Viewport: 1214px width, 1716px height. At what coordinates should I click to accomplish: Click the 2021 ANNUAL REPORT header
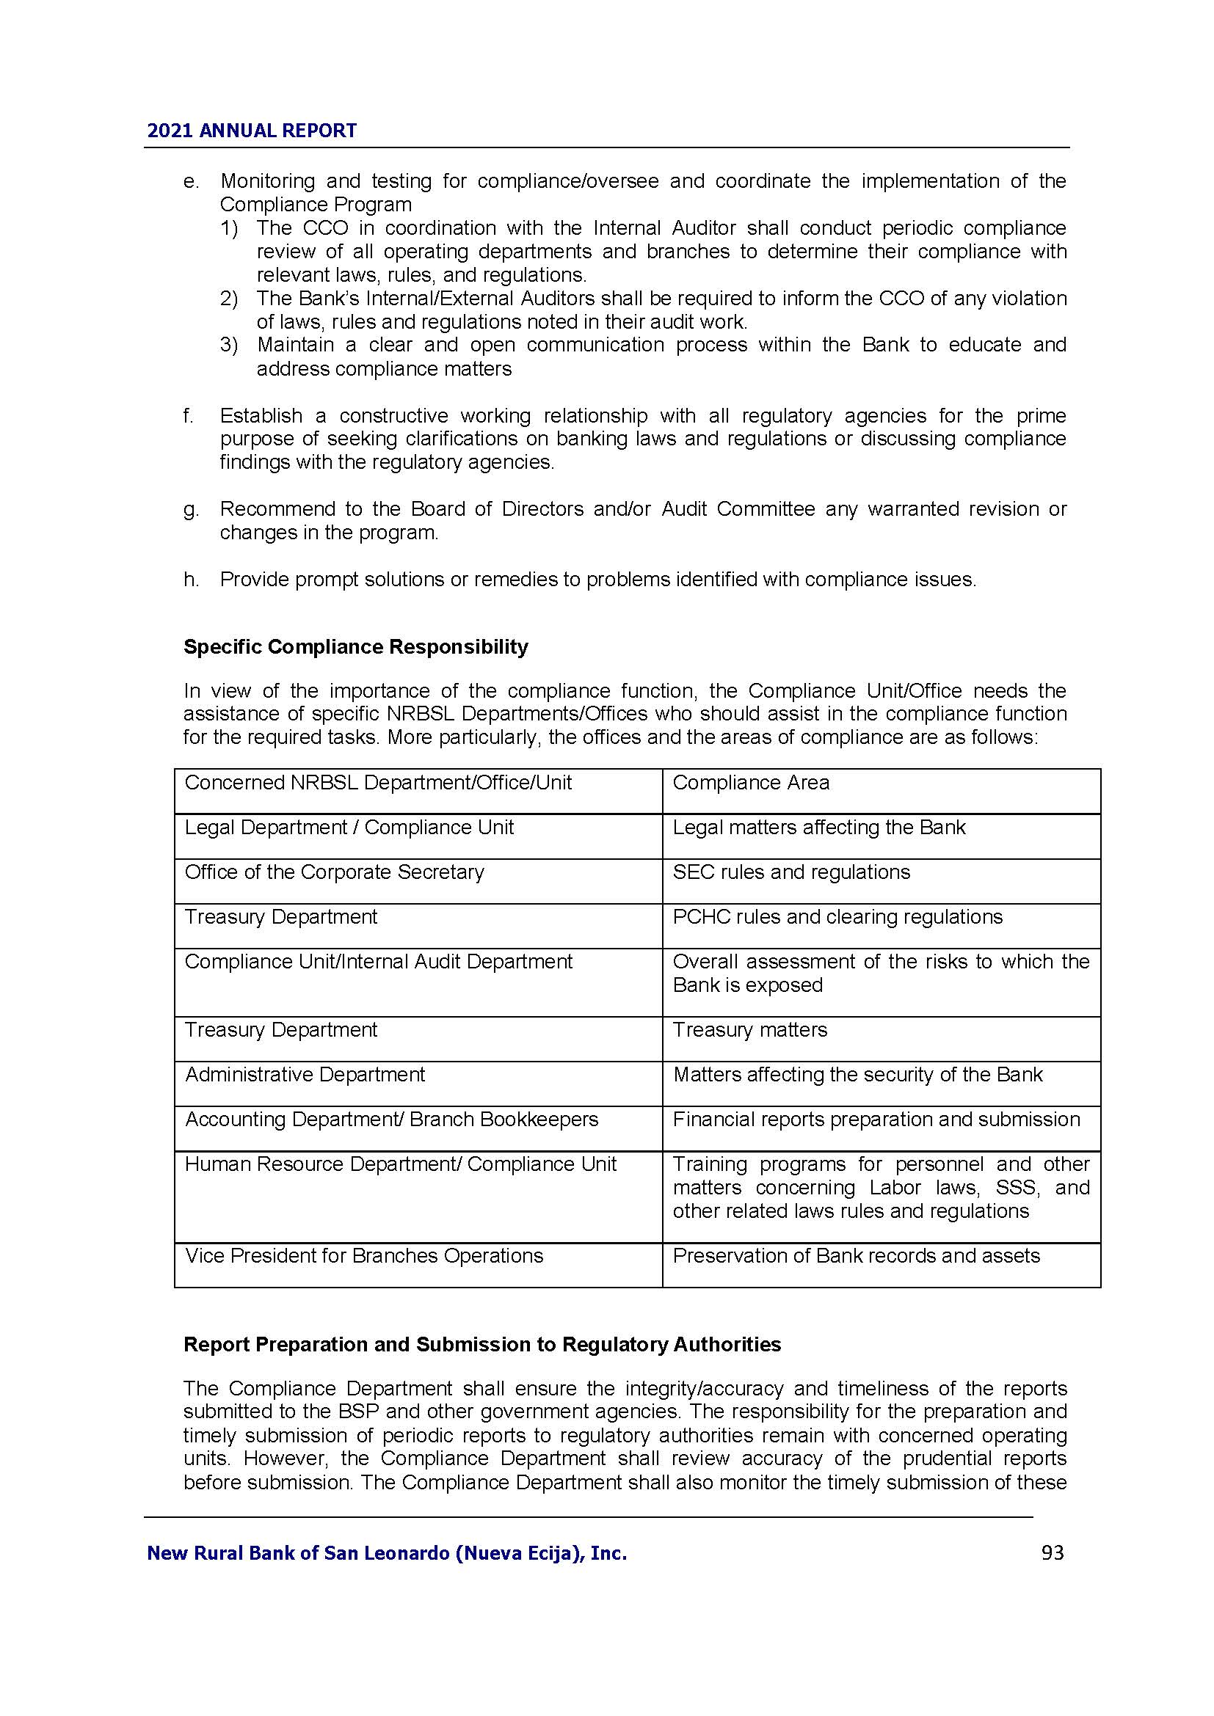(x=252, y=131)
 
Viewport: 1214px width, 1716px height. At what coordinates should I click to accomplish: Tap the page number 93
(x=1052, y=1553)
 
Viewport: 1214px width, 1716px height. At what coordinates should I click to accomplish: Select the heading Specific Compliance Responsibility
(x=356, y=646)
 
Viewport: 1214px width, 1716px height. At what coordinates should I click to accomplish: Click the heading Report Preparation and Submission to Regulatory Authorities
(x=482, y=1345)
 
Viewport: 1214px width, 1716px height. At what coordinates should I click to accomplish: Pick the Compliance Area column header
(x=751, y=783)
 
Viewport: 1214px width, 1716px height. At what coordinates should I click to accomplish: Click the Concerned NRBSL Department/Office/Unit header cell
(x=377, y=783)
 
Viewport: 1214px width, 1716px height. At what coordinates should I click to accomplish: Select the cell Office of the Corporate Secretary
(x=334, y=872)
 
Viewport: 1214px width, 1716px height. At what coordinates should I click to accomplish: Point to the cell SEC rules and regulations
(x=791, y=872)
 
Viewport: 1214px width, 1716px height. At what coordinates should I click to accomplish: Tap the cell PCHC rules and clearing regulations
(x=837, y=917)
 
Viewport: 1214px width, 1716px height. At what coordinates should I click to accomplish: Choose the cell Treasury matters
(x=750, y=1030)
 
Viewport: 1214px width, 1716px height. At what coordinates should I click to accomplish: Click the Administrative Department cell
(x=305, y=1075)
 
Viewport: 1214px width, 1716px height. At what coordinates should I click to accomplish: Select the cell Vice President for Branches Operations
(x=364, y=1255)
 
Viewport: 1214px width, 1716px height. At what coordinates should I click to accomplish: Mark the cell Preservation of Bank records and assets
(x=856, y=1255)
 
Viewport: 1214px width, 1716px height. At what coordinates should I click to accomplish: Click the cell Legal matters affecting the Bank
(x=818, y=828)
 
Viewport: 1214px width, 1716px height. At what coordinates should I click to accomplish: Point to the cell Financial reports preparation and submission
(x=876, y=1120)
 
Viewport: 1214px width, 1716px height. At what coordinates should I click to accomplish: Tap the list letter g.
(x=191, y=510)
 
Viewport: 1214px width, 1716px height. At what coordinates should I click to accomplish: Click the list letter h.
(x=191, y=580)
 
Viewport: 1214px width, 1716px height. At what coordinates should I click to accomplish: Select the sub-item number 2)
(x=229, y=299)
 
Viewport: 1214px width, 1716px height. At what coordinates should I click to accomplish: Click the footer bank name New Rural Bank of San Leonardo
(x=387, y=1554)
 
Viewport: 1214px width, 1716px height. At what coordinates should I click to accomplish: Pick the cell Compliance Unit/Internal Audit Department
(x=378, y=962)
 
